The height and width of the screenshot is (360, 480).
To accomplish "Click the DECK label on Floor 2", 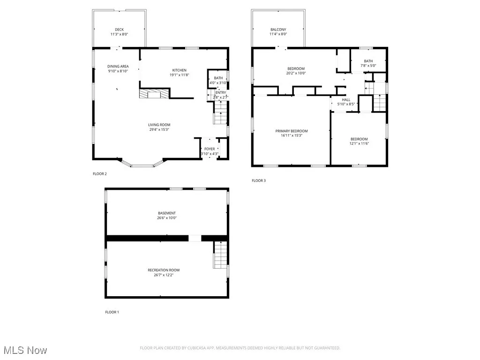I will click(x=119, y=30).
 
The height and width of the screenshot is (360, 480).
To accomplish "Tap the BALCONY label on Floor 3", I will click(x=278, y=30).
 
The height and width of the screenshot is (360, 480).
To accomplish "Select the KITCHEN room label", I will click(x=178, y=70).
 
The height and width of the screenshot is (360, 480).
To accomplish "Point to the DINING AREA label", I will click(x=118, y=66).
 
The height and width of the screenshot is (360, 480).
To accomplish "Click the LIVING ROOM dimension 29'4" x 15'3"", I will click(x=158, y=129).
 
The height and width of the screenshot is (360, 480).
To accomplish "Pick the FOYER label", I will click(x=209, y=149).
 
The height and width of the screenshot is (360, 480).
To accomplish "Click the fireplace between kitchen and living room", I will click(x=153, y=94).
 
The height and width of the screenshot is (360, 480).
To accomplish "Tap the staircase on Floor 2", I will click(x=220, y=114).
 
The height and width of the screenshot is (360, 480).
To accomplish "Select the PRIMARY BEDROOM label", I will click(x=291, y=131).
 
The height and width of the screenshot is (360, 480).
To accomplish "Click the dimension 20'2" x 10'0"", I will click(x=296, y=73).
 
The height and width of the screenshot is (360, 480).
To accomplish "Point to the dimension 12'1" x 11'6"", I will click(x=360, y=143).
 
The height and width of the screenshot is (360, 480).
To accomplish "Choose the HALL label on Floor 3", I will click(x=346, y=99).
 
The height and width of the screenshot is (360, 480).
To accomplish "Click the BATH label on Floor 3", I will click(x=368, y=61).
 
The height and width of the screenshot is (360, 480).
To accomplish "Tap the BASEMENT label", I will click(x=167, y=213).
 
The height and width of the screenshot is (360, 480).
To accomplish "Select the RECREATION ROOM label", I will click(x=164, y=270).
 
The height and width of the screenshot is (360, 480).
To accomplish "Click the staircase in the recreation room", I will click(x=220, y=255).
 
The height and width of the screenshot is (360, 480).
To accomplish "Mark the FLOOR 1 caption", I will click(x=112, y=312).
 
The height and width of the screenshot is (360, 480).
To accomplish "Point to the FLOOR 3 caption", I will click(x=258, y=180).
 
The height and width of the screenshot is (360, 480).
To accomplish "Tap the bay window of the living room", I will click(x=142, y=165).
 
